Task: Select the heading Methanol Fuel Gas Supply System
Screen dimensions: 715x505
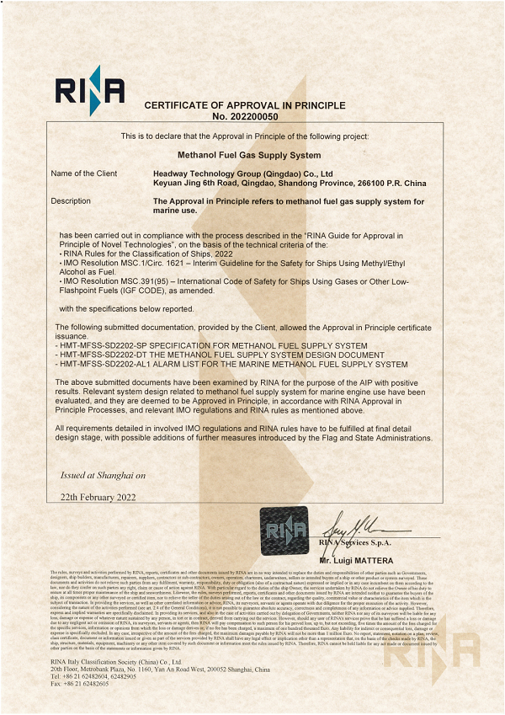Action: coord(249,155)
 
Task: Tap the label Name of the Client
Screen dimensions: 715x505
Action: coord(84,173)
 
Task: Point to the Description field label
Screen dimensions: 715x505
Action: coord(71,201)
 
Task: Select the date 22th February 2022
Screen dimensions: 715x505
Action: coord(98,499)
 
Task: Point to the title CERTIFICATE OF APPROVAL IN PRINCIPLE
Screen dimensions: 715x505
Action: coord(244,105)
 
